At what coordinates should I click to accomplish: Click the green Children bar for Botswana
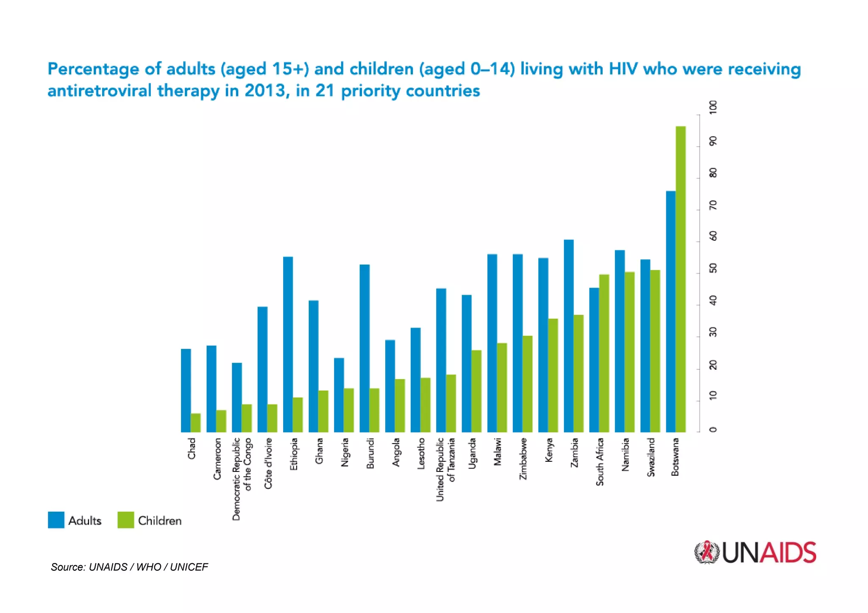[x=680, y=280]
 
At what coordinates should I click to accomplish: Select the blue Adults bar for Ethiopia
[x=288, y=344]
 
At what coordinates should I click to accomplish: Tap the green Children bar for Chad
[x=195, y=422]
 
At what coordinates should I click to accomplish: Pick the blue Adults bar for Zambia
[x=568, y=336]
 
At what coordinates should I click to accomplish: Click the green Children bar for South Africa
[x=604, y=353]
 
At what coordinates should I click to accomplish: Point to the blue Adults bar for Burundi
[x=364, y=348]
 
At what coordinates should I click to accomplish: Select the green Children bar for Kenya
[x=553, y=375]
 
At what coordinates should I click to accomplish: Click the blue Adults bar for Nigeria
[x=339, y=395]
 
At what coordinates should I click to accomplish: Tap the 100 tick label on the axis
[x=713, y=106]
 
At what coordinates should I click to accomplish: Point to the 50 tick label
[x=713, y=268]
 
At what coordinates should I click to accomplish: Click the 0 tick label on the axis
[x=713, y=430]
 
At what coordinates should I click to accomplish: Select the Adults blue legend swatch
[x=56, y=520]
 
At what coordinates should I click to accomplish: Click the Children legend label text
[x=160, y=521]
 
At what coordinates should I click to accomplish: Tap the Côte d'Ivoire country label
[x=268, y=463]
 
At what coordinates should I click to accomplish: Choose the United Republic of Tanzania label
[x=445, y=469]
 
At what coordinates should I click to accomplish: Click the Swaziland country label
[x=651, y=457]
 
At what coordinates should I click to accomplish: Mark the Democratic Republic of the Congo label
[x=242, y=479]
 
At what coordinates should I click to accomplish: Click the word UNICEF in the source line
[x=189, y=567]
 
